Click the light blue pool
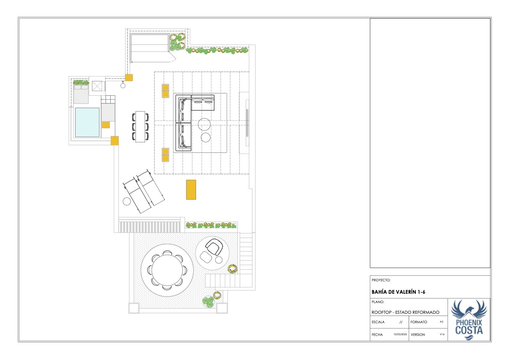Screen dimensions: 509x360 coord(87,122)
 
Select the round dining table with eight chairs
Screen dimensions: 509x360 coord(167,270)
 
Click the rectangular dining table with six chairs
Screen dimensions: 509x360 coord(140,127)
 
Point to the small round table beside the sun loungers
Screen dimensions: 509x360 coord(127,201)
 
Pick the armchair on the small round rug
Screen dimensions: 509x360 coord(214,247)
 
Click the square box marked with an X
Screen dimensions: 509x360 coord(97,86)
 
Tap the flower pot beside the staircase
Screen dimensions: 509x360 coord(232,269)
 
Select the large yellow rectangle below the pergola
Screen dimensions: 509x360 coord(191,189)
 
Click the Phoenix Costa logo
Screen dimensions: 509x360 coord(469,320)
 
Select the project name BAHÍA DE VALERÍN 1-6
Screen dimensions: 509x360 coord(398,292)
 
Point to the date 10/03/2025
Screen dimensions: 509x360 coord(400,334)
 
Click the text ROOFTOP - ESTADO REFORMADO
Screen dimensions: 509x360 coord(406,312)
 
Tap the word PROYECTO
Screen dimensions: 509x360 coord(381,280)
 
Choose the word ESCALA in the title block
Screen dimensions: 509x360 coord(378,322)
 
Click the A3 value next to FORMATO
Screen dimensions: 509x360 coord(441,322)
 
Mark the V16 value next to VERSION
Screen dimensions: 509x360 coord(442,334)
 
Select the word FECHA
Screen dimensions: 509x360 coord(377,335)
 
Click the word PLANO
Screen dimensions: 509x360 coord(378,302)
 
